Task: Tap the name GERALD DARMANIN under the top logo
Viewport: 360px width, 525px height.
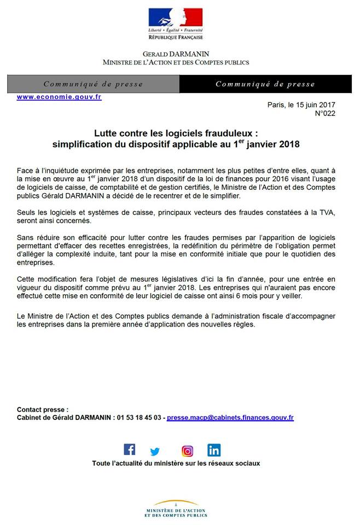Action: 176,55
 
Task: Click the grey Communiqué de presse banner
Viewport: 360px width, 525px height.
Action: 93,84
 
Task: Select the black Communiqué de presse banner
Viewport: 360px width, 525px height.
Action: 265,84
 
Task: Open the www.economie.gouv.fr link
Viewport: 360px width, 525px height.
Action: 59,97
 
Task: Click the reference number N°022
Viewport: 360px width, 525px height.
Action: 325,113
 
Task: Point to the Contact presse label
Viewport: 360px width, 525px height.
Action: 43,409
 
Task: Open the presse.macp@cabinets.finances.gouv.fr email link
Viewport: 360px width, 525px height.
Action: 230,417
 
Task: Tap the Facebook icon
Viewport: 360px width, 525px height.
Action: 130,450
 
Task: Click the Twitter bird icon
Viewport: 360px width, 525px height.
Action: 155,452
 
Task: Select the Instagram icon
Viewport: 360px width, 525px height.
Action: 188,451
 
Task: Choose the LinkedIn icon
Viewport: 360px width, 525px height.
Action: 214,451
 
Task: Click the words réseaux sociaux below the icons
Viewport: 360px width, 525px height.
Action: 233,463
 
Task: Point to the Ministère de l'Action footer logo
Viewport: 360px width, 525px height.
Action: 176,509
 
